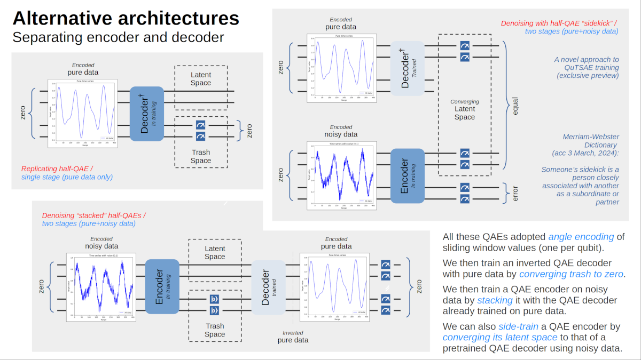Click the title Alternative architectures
click(126, 19)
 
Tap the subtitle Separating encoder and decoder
click(118, 37)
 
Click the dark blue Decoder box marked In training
click(146, 114)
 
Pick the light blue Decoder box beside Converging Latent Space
click(407, 68)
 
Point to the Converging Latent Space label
click(465, 109)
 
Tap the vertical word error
click(515, 193)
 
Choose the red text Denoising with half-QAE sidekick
click(559, 23)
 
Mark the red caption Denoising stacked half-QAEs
click(94, 215)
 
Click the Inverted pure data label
click(293, 337)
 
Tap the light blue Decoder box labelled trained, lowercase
click(269, 291)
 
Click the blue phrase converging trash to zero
click(572, 274)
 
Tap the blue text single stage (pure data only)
click(67, 177)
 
